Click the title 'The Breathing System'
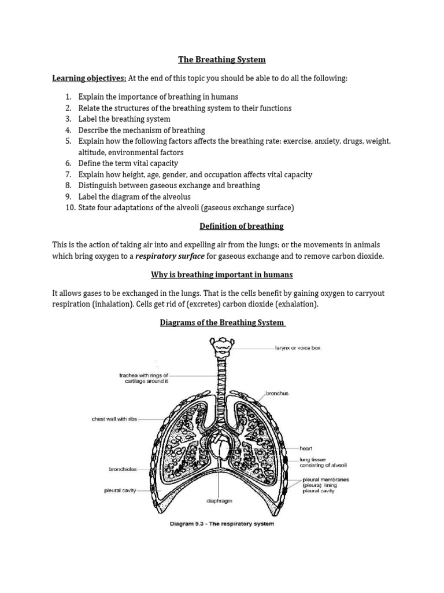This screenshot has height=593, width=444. tap(222, 59)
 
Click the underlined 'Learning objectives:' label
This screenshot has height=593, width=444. tap(90, 78)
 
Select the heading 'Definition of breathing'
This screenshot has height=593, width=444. tap(241, 226)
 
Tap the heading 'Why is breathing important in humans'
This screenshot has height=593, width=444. tap(222, 274)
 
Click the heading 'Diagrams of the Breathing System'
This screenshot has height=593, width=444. tap(223, 323)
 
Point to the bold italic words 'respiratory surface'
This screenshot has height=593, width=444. tap(170, 256)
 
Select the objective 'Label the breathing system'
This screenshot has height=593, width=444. tap(124, 119)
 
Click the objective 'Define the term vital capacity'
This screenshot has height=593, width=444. tap(128, 163)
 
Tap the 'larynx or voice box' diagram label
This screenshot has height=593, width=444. tap(297, 349)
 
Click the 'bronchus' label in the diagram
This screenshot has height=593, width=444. tap(277, 393)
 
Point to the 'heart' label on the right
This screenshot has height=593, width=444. tap(306, 448)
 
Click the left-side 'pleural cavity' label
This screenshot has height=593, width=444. tap(121, 490)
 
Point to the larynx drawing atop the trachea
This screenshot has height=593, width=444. tap(220, 347)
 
